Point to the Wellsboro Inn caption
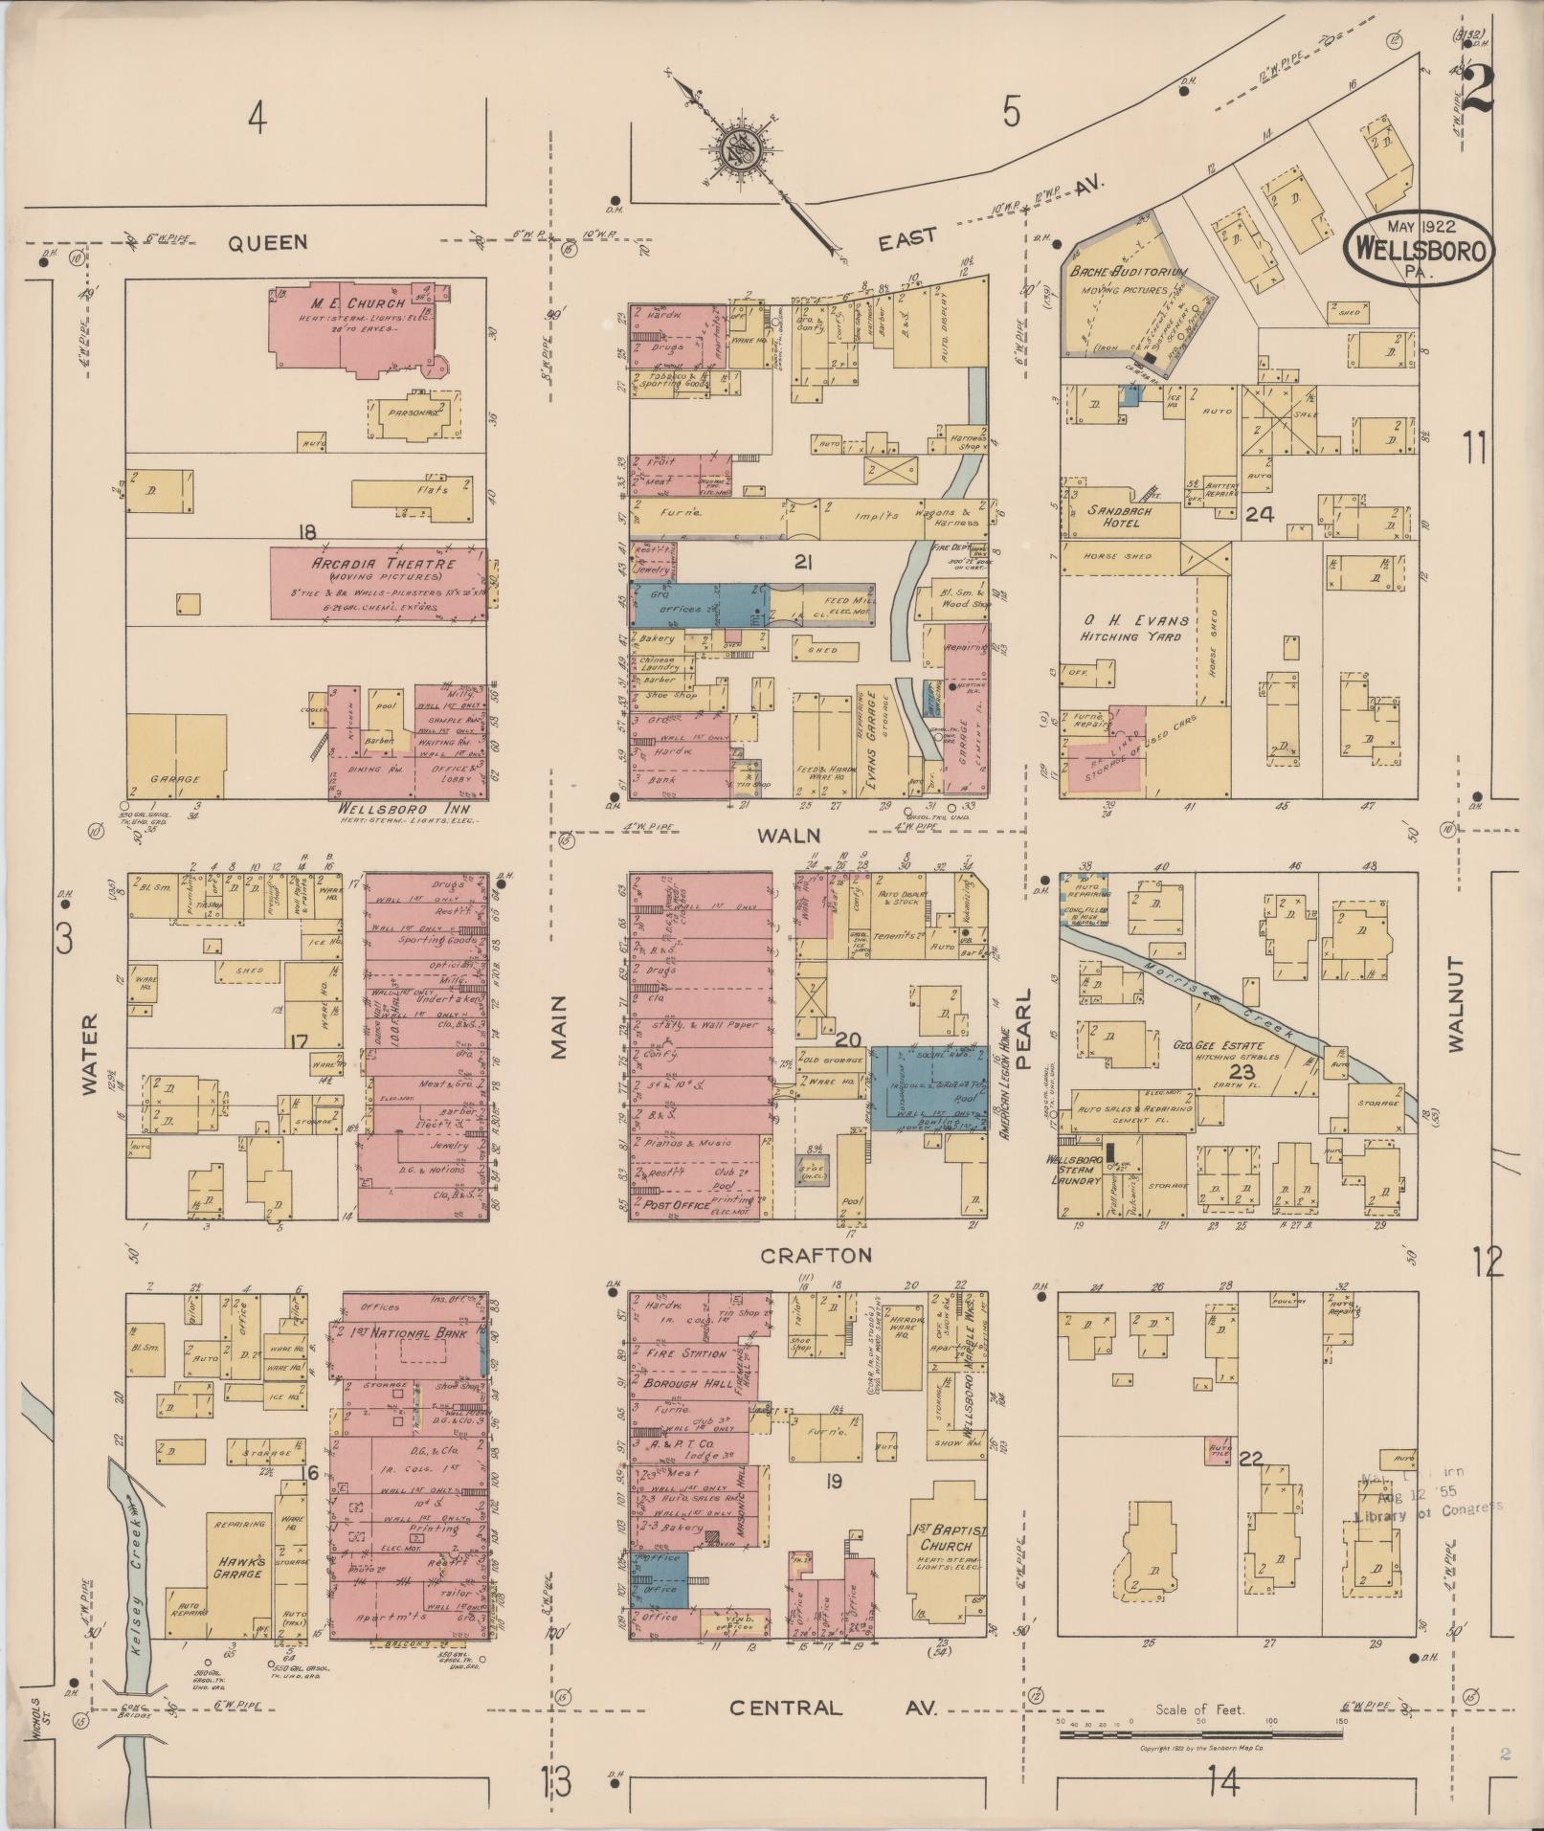tap(380, 808)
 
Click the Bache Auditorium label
tap(1130, 273)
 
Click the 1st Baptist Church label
tap(945, 1537)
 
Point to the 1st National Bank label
tap(392, 1331)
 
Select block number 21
tap(802, 564)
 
